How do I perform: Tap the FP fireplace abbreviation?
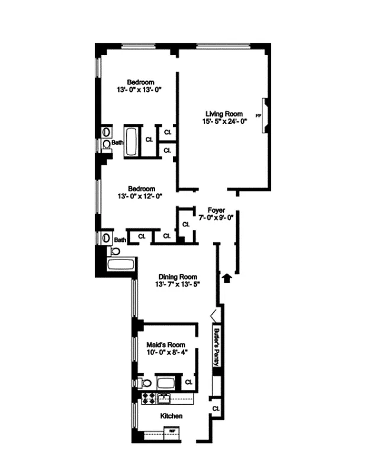click(x=258, y=115)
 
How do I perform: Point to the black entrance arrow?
click(x=226, y=277)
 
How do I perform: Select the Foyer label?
click(x=215, y=210)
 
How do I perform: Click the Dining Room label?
click(x=177, y=276)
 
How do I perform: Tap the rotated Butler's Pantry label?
click(x=217, y=347)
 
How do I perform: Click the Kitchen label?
click(x=172, y=416)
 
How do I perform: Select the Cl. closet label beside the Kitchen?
click(x=215, y=409)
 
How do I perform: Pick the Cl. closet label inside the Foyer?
click(x=185, y=225)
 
